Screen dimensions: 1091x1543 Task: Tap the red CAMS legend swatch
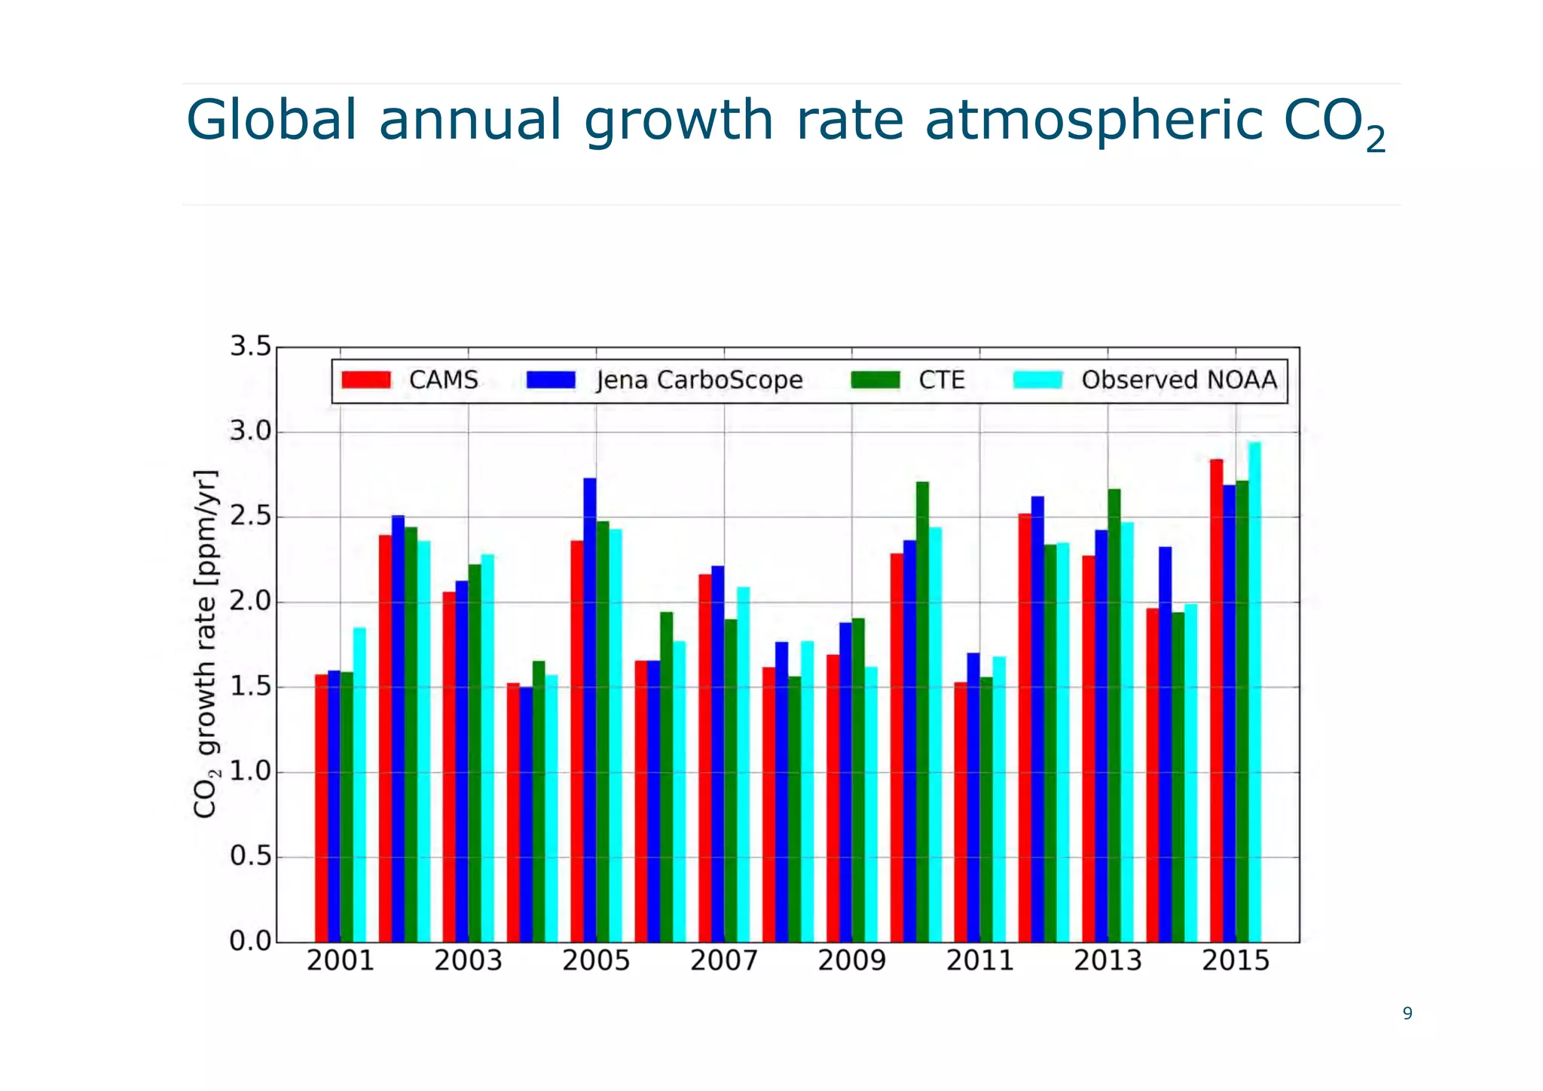(x=366, y=380)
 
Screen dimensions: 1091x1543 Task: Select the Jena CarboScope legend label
(x=699, y=380)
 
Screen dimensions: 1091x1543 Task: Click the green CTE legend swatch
(x=875, y=380)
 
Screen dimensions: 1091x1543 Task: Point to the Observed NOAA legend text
(x=1179, y=380)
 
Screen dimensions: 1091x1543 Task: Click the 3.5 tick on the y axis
(x=250, y=347)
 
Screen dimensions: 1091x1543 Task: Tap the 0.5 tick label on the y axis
(x=250, y=857)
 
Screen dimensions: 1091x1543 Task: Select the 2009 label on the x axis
(x=852, y=961)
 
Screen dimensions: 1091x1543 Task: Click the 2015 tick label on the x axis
(x=1236, y=961)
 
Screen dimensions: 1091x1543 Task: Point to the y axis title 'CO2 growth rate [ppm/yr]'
(x=205, y=644)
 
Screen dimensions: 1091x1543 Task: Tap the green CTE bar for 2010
(x=922, y=712)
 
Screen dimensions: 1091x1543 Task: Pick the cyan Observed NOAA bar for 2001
(x=360, y=784)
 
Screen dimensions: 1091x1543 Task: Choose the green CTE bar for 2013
(x=1114, y=716)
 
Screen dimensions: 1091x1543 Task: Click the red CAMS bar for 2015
(x=1216, y=701)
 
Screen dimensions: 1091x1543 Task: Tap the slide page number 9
(x=1407, y=1013)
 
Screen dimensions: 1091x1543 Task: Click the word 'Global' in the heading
(x=271, y=121)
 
